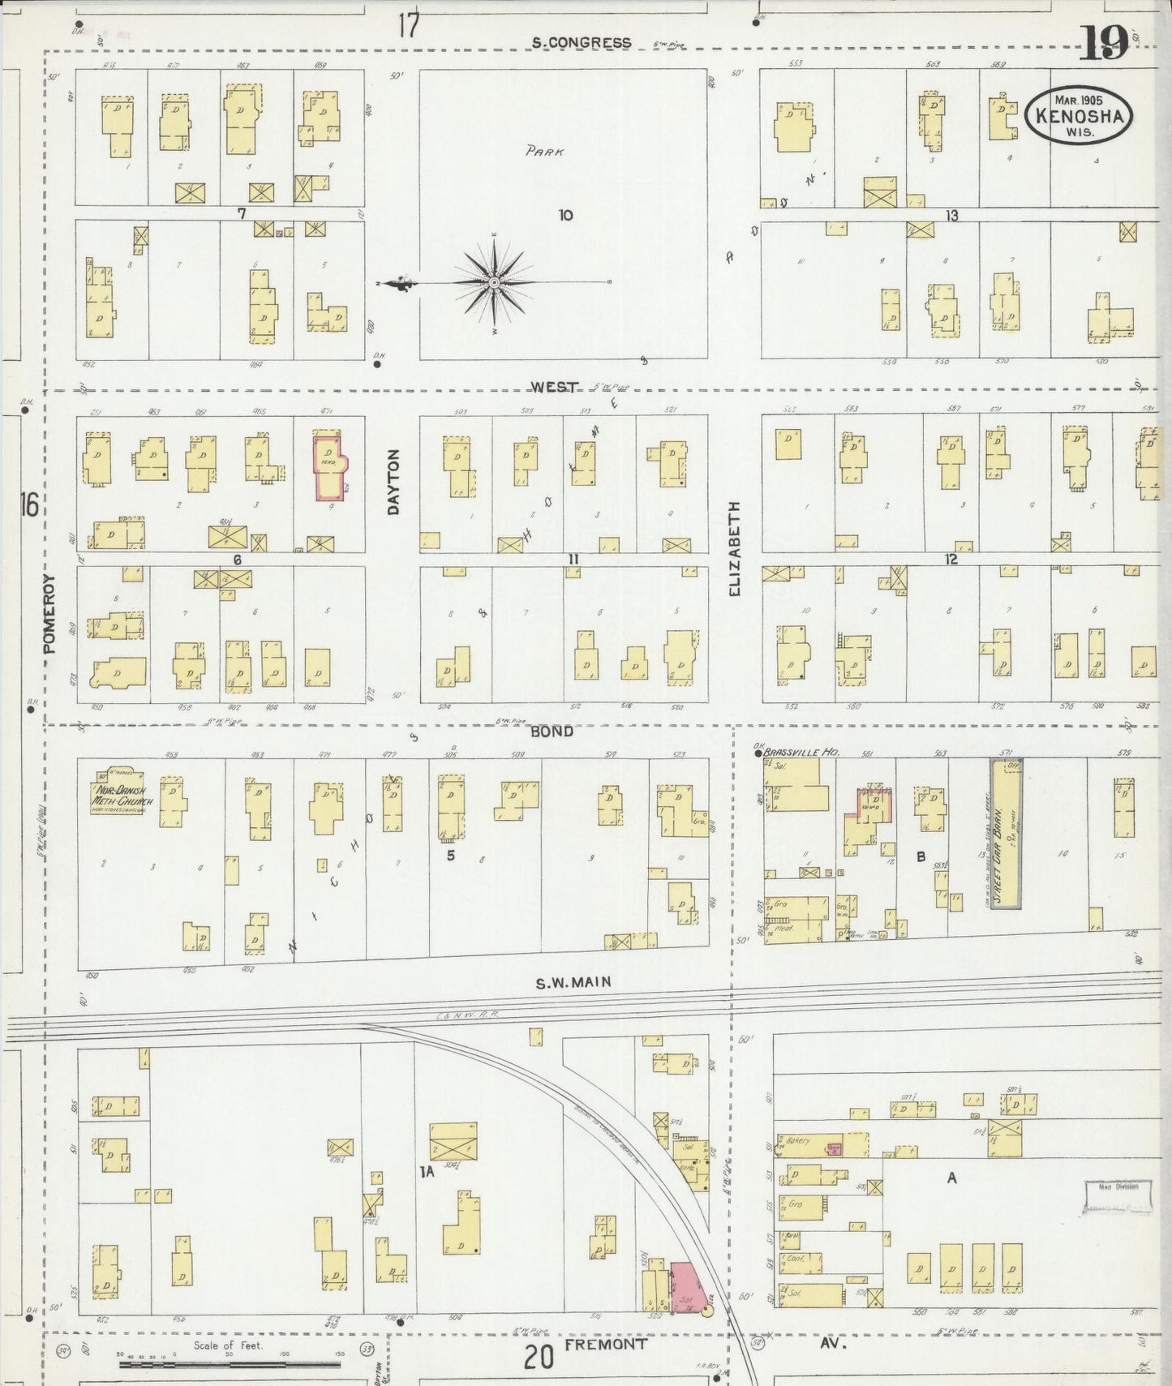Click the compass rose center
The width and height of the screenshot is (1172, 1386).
point(494,282)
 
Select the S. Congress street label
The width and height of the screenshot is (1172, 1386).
point(581,42)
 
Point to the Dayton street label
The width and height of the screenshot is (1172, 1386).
point(394,482)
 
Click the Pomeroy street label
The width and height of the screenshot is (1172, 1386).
point(49,614)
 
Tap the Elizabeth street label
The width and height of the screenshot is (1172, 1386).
point(735,549)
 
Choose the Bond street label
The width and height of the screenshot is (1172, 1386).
point(552,731)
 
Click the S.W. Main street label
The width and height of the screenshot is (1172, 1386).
point(573,982)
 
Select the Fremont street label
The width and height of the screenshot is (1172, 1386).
point(606,1343)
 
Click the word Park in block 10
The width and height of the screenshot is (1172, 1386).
point(544,151)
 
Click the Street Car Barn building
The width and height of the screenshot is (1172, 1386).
point(1005,833)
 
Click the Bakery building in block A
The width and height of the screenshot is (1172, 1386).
point(821,1144)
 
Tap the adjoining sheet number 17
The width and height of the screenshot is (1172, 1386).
point(409,25)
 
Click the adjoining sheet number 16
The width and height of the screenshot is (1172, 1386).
point(28,505)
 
